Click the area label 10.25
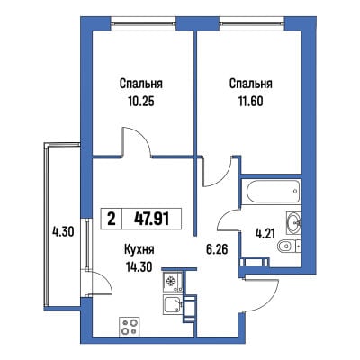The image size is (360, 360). coord(141,102)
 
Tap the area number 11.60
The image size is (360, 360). coord(250,102)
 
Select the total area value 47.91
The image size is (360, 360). coord(152,219)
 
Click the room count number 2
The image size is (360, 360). coord(112,219)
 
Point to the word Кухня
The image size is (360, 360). coord(139,249)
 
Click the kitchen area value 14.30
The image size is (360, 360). coord(139,265)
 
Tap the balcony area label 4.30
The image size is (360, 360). coord(63,231)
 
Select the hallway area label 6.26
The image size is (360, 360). coord(217,248)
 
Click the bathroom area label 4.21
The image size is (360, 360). coord(265,233)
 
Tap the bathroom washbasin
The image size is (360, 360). coord(294,222)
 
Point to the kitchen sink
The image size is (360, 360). coord(173,304)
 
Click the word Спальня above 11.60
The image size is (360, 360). coord(251,85)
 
